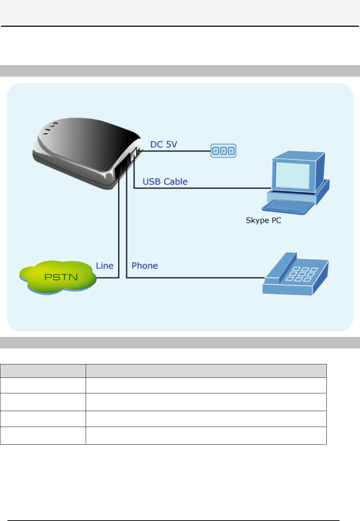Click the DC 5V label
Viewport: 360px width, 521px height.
pos(164,145)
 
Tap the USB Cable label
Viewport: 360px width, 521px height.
pos(165,182)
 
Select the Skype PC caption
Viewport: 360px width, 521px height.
pos(263,220)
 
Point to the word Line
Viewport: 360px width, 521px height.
pos(105,266)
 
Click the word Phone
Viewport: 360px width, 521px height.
pos(145,266)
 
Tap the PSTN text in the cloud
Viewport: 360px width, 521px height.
pos(61,277)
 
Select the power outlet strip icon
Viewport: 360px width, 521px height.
pos(223,151)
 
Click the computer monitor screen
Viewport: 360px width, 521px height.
pos(293,175)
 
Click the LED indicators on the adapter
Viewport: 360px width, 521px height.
pos(50,128)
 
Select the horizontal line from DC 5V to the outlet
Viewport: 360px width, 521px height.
pos(177,151)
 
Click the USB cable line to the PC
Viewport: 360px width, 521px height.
pos(202,188)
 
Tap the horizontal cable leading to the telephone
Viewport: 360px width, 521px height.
pos(195,278)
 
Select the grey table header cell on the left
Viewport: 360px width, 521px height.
pos(43,371)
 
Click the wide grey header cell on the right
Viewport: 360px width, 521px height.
pos(206,371)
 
